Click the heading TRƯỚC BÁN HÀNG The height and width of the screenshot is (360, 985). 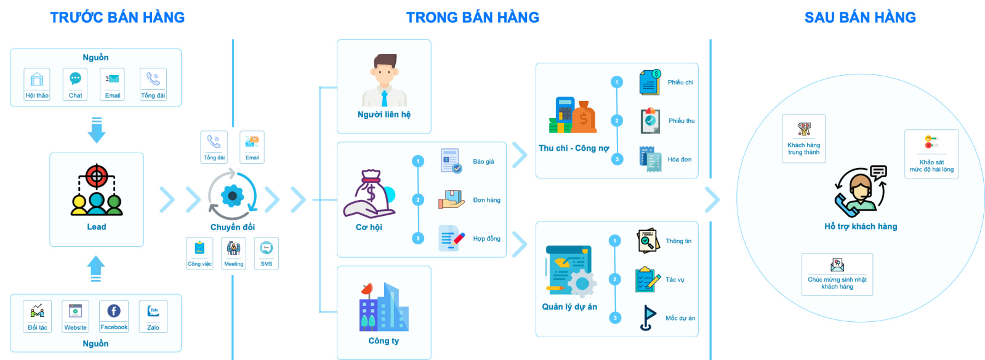(117, 17)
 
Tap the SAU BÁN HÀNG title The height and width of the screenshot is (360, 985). (860, 17)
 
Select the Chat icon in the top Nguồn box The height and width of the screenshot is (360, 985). (75, 79)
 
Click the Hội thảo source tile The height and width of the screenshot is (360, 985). (37, 84)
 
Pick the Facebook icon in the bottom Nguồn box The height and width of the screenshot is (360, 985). (114, 311)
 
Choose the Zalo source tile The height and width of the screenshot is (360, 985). (153, 316)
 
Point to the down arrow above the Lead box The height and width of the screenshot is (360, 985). (97, 129)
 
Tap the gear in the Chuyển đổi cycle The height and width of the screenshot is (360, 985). (233, 196)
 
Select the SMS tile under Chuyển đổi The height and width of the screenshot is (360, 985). (266, 253)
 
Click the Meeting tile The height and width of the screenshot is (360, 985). (233, 253)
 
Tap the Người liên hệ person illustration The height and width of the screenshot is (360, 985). (384, 81)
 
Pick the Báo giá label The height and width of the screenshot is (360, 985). (483, 162)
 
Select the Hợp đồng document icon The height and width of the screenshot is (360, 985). (451, 238)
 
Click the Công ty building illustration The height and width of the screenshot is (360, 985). (384, 307)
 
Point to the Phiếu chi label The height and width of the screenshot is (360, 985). (680, 82)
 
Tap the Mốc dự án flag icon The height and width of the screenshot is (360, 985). (646, 318)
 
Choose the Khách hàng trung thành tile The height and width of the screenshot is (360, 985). (803, 138)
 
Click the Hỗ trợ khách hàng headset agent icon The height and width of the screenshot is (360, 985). (860, 191)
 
